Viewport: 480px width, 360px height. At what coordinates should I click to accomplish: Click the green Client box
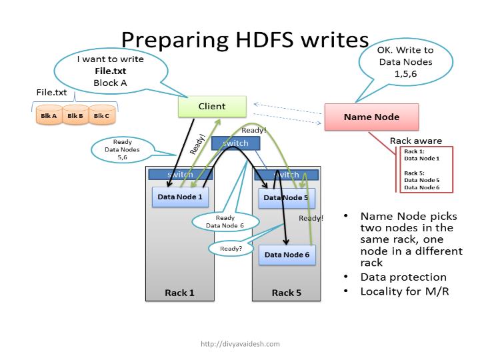coord(212,106)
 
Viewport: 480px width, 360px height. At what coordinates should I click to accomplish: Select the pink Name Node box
coord(371,117)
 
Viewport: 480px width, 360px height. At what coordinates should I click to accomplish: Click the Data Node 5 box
coord(286,197)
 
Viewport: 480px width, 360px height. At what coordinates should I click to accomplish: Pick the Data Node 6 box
coord(287,255)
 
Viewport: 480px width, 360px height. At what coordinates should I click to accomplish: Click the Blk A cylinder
coord(48,115)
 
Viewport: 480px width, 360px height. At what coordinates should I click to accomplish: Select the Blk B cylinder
coord(75,115)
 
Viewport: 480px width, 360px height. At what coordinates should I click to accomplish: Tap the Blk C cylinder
coord(101,115)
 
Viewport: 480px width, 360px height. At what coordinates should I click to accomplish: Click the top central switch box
coord(235,143)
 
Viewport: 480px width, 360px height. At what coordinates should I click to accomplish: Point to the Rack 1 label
coord(180,293)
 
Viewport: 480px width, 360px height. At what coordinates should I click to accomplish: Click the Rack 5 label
coord(287,293)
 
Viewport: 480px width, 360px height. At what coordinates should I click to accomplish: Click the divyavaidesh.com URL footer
coord(240,344)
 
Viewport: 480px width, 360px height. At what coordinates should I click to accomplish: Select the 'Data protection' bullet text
coord(403,277)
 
